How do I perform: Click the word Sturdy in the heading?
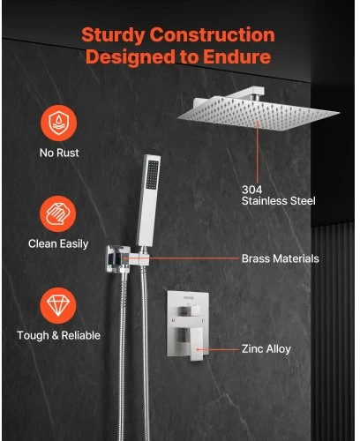(x=113, y=35)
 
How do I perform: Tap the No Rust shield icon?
(x=59, y=123)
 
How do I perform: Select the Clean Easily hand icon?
(x=58, y=214)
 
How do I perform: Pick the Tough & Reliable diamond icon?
(x=58, y=305)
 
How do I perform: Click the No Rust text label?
(x=59, y=153)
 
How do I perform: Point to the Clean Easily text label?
(x=58, y=244)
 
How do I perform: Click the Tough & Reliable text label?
(x=58, y=335)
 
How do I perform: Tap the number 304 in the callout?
(x=251, y=190)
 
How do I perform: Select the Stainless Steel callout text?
(x=279, y=201)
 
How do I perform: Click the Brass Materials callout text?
(x=281, y=258)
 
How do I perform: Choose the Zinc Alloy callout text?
(x=266, y=349)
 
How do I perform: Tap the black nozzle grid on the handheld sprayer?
(x=152, y=175)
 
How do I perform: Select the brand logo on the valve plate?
(x=189, y=298)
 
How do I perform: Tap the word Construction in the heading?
(x=213, y=35)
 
